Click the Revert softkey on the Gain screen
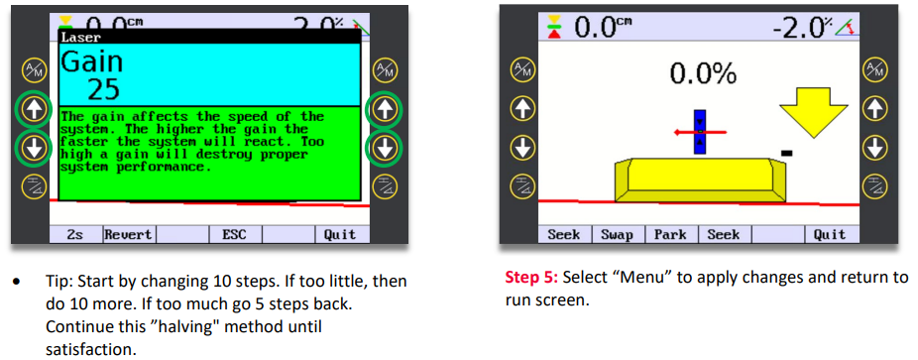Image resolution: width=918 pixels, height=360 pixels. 128,235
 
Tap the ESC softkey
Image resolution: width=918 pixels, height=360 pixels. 234,235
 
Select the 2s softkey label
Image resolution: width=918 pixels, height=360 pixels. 75,235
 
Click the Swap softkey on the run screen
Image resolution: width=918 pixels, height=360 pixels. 617,235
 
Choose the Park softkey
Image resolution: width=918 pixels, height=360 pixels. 670,235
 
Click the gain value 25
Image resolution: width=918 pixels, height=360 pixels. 104,89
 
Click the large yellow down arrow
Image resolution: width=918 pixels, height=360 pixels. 813,113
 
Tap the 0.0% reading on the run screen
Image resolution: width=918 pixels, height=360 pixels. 703,72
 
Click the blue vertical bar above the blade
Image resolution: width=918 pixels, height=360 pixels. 700,132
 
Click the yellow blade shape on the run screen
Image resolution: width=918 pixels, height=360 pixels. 699,180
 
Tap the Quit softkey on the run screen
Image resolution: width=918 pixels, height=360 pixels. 830,235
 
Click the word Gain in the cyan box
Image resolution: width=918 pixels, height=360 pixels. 92,62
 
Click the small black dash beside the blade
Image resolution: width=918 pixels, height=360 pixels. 787,153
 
